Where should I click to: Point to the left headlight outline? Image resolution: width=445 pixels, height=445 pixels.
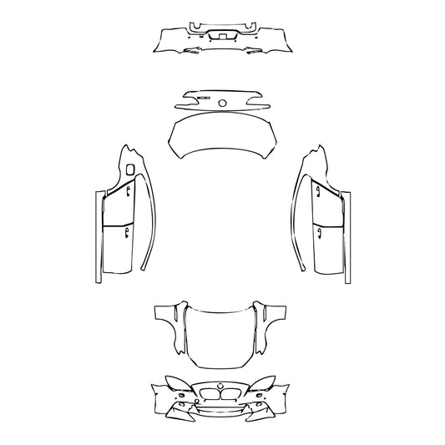point(176,385)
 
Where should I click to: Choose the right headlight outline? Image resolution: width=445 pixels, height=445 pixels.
point(267,385)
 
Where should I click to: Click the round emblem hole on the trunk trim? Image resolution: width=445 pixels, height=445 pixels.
point(223,103)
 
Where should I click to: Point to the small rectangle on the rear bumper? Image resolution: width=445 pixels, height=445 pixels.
point(222,36)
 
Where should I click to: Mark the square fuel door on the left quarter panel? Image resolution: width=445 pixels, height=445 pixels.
point(131,170)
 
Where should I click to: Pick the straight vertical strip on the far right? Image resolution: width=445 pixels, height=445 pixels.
point(351,238)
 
